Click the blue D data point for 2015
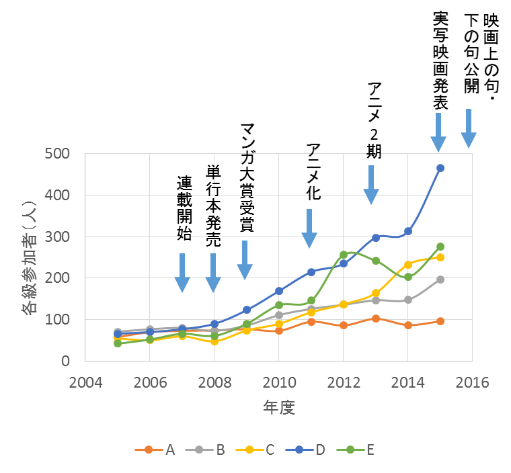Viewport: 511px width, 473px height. coord(440,168)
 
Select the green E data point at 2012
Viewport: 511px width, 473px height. coord(344,255)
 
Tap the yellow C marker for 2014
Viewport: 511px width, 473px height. coord(408,265)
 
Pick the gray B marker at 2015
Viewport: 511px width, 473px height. coord(440,279)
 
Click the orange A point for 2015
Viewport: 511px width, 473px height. coord(440,321)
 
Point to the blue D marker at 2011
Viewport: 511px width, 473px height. coord(311,272)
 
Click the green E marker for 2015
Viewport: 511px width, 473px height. coord(440,247)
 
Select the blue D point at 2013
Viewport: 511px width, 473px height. coord(376,237)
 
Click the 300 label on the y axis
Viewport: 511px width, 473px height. coord(59,236)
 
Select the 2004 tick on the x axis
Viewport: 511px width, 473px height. coord(85,382)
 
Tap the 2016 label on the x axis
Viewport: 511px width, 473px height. coord(472,382)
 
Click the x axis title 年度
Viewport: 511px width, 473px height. coord(278,407)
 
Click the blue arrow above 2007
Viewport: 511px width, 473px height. coord(182,273)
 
